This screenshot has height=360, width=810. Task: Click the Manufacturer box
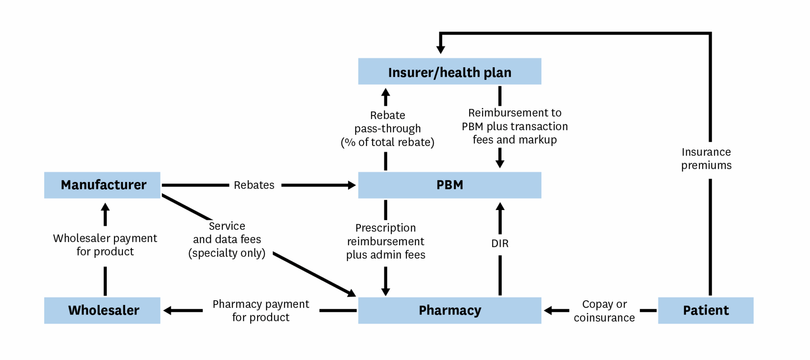tap(102, 185)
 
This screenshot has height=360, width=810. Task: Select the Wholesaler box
tap(102, 310)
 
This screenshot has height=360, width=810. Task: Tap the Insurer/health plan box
tap(450, 71)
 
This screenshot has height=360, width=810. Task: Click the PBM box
tap(450, 185)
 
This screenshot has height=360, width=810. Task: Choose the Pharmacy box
tap(450, 310)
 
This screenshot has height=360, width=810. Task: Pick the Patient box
tap(706, 310)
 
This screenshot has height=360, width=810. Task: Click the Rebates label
tap(254, 185)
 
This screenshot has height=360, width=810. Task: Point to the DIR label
tap(500, 243)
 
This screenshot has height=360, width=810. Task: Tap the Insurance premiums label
tap(706, 159)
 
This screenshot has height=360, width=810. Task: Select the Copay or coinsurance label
tap(604, 311)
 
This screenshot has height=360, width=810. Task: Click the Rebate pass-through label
tap(388, 129)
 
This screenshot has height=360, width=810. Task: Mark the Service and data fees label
tap(227, 239)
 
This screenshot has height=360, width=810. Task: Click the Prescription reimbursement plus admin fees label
tap(386, 241)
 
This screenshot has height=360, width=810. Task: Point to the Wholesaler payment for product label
tap(105, 245)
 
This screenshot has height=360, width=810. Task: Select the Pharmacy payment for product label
tap(261, 311)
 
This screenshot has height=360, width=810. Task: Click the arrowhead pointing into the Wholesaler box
tap(167, 311)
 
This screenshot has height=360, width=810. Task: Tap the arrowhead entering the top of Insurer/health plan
tap(441, 49)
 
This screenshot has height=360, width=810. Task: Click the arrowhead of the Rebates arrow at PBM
tap(352, 185)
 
